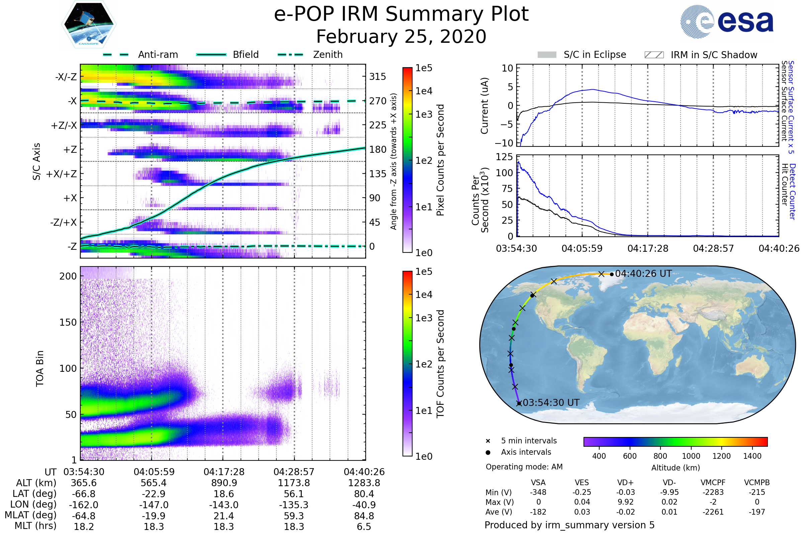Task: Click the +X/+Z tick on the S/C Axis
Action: tap(62, 174)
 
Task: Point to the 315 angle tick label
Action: tap(377, 77)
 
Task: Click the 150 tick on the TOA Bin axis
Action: tap(68, 322)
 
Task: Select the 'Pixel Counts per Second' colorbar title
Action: tap(440, 160)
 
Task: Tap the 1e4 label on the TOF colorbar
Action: tap(424, 295)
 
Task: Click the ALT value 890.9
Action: tap(224, 483)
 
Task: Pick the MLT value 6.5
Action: tap(364, 526)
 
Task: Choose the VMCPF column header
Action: tap(713, 483)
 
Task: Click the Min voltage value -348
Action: tap(538, 492)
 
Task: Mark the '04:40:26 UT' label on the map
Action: tap(643, 274)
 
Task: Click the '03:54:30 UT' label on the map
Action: tap(551, 403)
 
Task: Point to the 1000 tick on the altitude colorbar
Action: tap(691, 456)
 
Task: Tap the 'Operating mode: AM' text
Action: tap(524, 467)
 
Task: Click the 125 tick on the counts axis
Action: tap(504, 157)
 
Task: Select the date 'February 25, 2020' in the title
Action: tap(401, 36)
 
